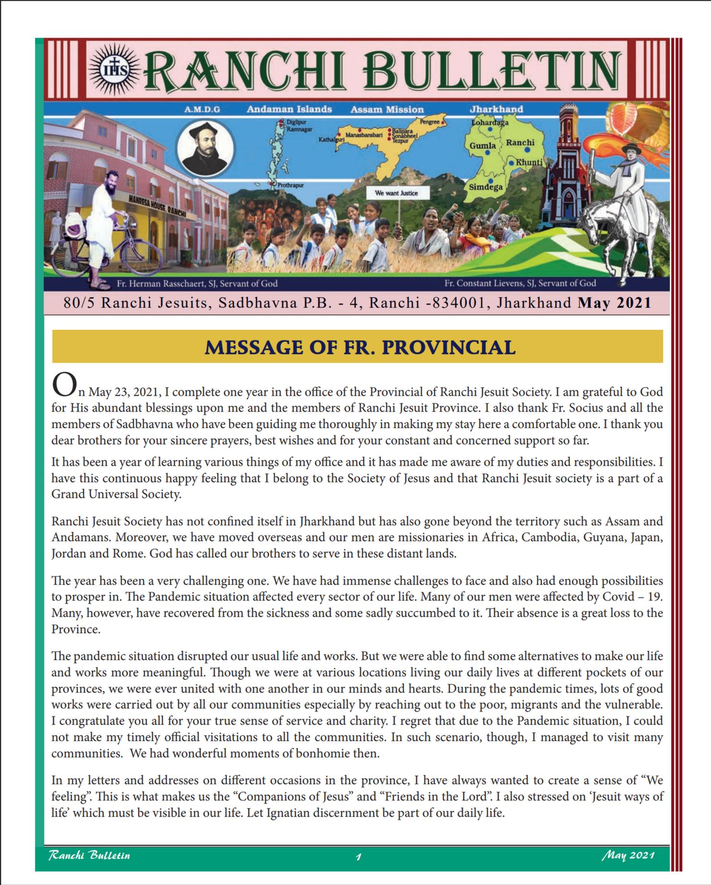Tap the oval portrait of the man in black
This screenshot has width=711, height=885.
[x=205, y=148]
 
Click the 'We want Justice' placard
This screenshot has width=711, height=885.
[x=396, y=193]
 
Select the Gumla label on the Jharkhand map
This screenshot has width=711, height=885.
[x=482, y=145]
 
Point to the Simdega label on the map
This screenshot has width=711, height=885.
[x=485, y=186]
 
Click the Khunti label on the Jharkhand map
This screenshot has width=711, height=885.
[x=529, y=162]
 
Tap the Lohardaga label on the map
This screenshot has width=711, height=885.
[x=490, y=122]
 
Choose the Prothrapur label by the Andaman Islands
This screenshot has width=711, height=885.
[x=291, y=185]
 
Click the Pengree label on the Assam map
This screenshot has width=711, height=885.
[x=430, y=122]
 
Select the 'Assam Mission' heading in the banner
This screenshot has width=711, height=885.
[x=387, y=109]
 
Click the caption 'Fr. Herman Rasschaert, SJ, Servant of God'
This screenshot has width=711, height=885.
[x=197, y=283]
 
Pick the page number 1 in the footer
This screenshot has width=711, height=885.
[x=358, y=856]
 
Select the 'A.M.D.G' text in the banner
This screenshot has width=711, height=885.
[x=202, y=109]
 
